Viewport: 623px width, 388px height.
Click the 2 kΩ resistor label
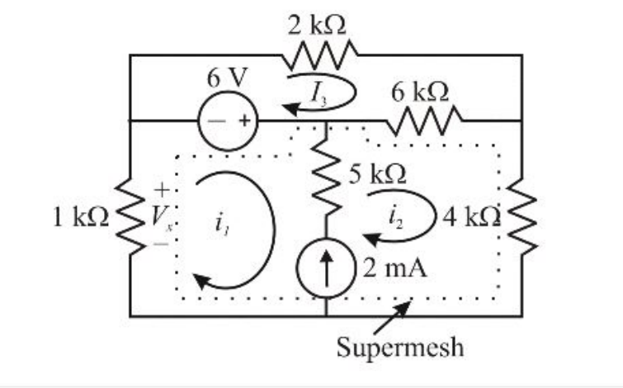318,25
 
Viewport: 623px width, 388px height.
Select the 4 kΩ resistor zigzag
522,217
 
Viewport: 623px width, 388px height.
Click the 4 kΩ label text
471,217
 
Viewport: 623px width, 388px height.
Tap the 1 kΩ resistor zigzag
130,217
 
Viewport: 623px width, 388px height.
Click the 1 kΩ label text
79,217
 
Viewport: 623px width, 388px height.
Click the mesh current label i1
218,220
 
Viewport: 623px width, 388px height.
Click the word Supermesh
400,347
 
